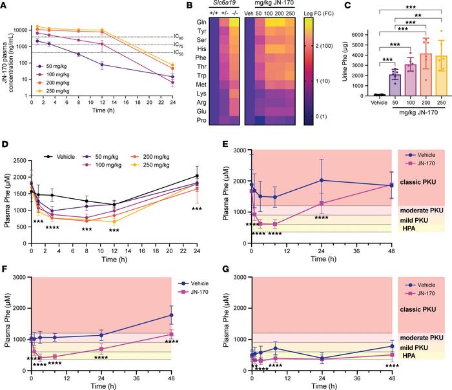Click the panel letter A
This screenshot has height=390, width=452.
click(x=5, y=6)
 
